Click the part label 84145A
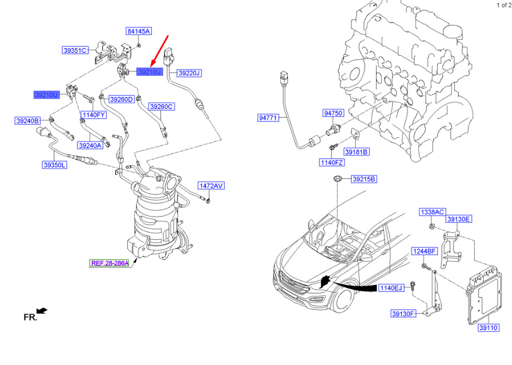[x=139, y=31]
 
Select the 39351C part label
[x=75, y=50]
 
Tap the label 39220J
[x=189, y=73]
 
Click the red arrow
[x=159, y=51]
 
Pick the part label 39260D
[x=121, y=99]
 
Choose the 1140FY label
[x=93, y=115]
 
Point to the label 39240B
[x=28, y=121]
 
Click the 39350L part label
[x=55, y=165]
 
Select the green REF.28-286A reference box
[x=110, y=263]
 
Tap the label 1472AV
[x=211, y=186]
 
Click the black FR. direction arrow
[x=42, y=311]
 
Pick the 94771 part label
[x=268, y=118]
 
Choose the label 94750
[x=333, y=113]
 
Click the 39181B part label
[x=357, y=152]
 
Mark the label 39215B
[x=364, y=179]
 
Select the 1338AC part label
[x=432, y=212]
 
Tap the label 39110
[x=489, y=328]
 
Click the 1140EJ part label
[x=391, y=288]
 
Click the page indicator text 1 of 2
[x=504, y=5]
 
